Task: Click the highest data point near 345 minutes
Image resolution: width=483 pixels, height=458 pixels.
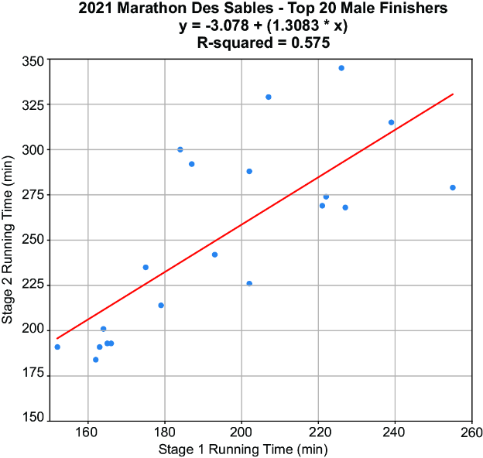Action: (341, 68)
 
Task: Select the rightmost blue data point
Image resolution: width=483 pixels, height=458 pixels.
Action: (453, 187)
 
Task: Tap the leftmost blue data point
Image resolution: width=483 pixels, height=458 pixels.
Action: (57, 347)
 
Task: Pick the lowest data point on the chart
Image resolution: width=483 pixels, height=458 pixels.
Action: (96, 360)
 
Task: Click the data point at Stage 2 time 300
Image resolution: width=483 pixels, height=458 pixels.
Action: (180, 149)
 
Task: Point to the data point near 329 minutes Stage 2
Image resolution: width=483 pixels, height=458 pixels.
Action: (269, 97)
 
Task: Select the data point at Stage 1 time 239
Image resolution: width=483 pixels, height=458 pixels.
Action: (391, 122)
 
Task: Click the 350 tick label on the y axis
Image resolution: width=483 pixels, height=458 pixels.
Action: (33, 61)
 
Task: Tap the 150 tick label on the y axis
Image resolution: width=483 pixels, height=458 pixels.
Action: (33, 418)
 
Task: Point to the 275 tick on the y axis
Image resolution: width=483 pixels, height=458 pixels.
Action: (33, 194)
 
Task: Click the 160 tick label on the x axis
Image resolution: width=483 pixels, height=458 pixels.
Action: (87, 432)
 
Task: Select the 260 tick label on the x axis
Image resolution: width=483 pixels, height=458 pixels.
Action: (471, 432)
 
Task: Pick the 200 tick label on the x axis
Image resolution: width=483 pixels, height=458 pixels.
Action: (241, 432)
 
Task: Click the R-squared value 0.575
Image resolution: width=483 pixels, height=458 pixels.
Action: (310, 43)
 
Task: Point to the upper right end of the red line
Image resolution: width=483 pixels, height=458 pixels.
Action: (453, 94)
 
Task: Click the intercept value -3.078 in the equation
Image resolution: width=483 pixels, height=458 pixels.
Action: (228, 26)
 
